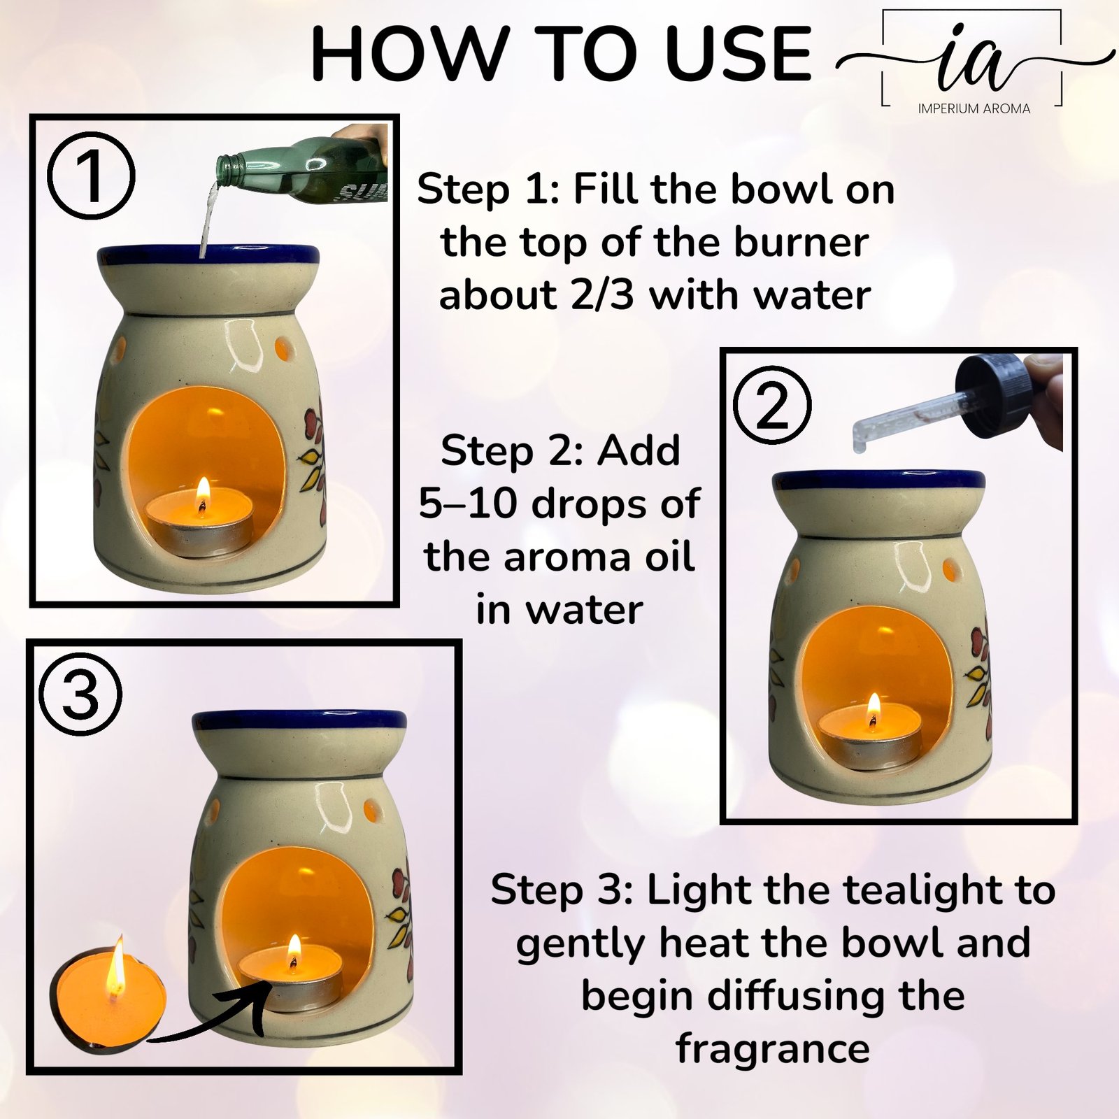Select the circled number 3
80,695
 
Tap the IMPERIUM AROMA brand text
974,108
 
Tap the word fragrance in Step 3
773,1049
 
